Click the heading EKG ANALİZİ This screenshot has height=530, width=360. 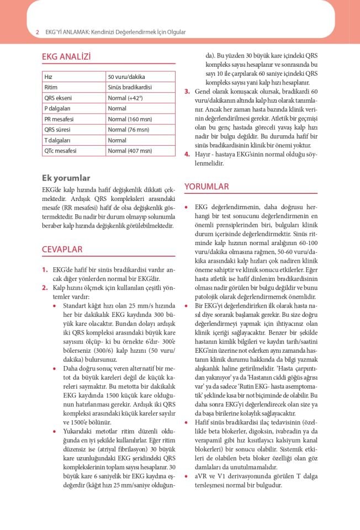[66, 57]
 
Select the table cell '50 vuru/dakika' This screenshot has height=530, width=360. [126, 77]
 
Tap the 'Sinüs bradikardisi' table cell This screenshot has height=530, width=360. [130, 87]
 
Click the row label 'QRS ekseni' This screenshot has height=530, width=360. [57, 98]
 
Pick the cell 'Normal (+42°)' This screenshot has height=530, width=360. [125, 98]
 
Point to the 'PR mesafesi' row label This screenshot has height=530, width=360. [59, 119]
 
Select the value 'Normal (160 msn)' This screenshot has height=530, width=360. [130, 119]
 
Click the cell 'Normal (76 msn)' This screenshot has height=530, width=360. [128, 129]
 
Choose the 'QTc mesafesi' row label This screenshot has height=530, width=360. [60, 150]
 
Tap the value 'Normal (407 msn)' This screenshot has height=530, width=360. [130, 150]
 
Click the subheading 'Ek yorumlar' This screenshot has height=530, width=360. [66, 178]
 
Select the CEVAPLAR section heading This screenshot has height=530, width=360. [62, 249]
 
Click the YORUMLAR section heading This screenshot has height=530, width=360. [207, 187]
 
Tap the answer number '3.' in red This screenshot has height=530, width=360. [187, 91]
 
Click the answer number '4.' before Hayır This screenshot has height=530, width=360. [187, 154]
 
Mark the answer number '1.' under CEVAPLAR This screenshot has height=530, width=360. [45, 269]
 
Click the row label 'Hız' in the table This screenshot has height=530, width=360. [49, 77]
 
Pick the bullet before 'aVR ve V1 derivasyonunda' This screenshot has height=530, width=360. [187, 475]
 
